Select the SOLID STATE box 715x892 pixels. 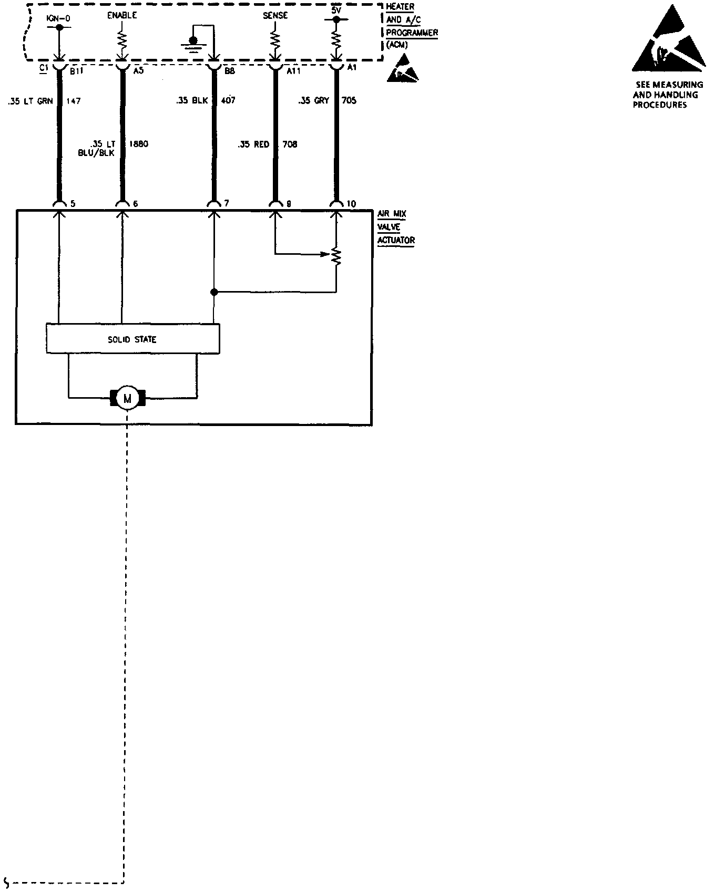132,339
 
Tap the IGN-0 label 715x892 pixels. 58,18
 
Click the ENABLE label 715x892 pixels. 122,15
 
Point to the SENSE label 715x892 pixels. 275,16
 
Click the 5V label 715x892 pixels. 336,10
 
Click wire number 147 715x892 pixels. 74,101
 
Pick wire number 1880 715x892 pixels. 139,144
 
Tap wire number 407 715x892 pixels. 228,100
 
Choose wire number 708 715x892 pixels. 290,144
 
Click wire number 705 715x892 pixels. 349,100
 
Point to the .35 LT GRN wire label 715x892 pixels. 30,101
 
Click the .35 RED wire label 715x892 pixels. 253,144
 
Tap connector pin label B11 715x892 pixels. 75,71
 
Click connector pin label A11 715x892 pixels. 293,71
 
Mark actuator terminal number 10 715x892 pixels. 352,204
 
